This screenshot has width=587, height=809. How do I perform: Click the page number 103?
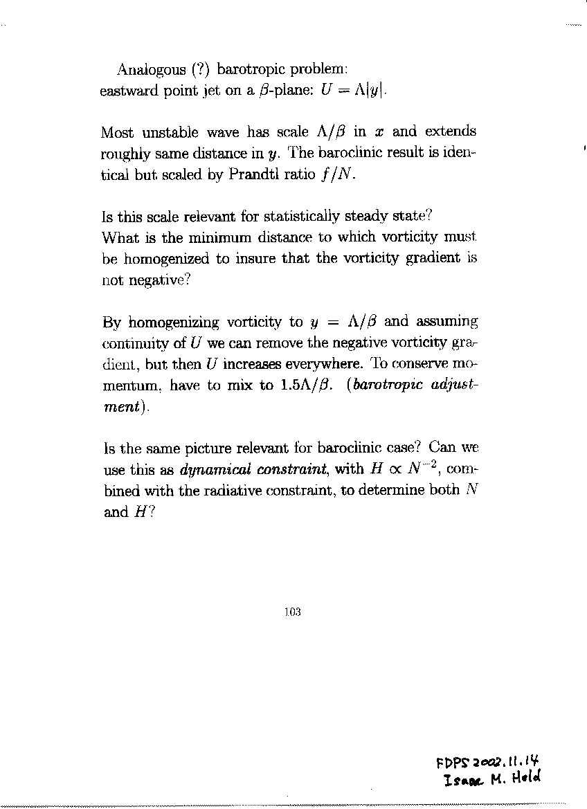293,612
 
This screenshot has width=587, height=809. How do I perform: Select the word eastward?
129,91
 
